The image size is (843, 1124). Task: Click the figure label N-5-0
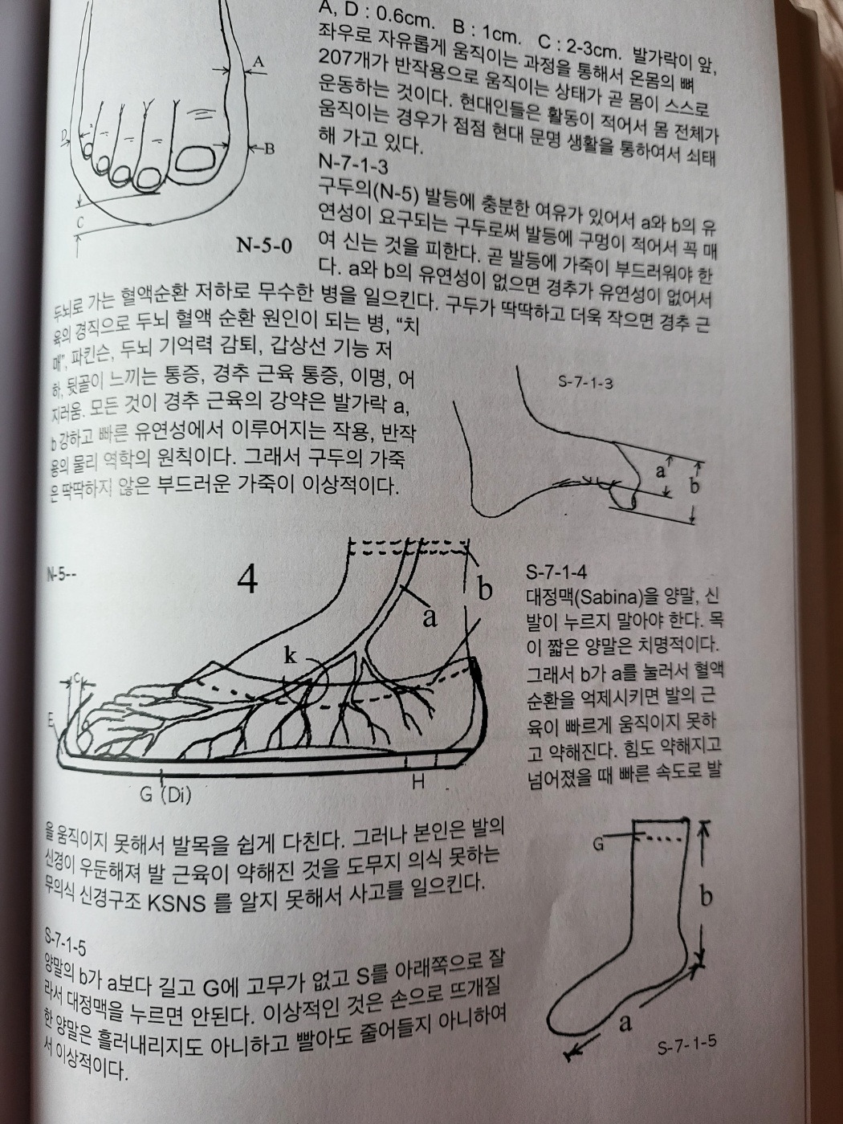pos(264,245)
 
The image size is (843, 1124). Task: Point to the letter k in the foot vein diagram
pos(291,655)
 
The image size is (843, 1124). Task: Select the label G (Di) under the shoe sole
pos(165,796)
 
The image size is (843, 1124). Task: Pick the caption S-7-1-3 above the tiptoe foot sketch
pos(586,382)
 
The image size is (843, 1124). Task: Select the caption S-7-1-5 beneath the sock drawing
pos(686,1046)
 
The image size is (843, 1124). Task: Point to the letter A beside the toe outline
pos(259,62)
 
